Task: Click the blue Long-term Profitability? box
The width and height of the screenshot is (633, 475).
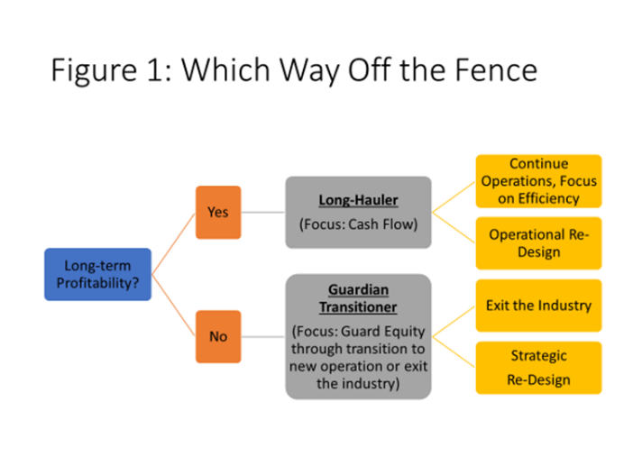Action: tap(97, 274)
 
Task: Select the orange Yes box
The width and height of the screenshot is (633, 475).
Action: tap(218, 213)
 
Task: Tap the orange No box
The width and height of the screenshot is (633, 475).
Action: tap(218, 336)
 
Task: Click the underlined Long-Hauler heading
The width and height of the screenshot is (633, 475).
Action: tap(359, 200)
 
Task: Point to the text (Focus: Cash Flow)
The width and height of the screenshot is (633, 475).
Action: tap(359, 224)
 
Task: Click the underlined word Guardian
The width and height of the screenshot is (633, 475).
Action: tap(359, 289)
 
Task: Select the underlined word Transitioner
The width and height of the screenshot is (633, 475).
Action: tap(359, 307)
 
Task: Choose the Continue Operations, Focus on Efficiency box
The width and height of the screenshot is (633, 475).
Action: tap(539, 181)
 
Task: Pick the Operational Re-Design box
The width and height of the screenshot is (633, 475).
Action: tap(539, 243)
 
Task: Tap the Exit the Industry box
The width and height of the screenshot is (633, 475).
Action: tap(539, 306)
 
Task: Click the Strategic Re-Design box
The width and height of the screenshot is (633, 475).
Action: tap(539, 368)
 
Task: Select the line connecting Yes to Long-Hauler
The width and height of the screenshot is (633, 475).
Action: tap(263, 213)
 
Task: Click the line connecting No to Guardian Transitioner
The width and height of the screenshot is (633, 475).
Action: tap(263, 336)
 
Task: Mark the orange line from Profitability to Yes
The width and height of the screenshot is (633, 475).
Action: tap(174, 243)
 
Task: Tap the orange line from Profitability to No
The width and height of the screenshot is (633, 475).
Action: tap(174, 306)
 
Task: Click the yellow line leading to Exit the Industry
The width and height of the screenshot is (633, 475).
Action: tap(454, 321)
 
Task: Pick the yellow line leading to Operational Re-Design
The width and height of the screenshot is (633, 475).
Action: tap(454, 228)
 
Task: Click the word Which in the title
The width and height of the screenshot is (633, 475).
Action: tap(225, 70)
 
